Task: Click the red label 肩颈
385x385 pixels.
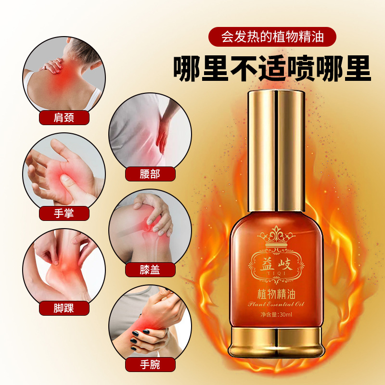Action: pyautogui.click(x=64, y=117)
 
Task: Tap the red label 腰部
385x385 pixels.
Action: pyautogui.click(x=150, y=174)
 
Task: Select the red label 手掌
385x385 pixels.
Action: pyautogui.click(x=64, y=213)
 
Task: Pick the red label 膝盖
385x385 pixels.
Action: pyautogui.click(x=150, y=270)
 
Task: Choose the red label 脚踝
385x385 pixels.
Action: pyautogui.click(x=64, y=308)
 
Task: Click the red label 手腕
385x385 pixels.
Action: pyautogui.click(x=150, y=365)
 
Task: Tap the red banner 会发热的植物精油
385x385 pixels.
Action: pyautogui.click(x=272, y=37)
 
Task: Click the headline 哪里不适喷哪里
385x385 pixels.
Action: pyautogui.click(x=272, y=68)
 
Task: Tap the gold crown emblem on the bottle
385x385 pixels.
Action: pyautogui.click(x=276, y=237)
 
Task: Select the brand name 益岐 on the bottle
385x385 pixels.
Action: pyautogui.click(x=276, y=265)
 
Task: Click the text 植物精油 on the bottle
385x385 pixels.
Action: pyautogui.click(x=276, y=294)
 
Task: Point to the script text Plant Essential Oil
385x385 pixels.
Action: pyautogui.click(x=276, y=304)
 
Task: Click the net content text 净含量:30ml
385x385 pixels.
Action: pyautogui.click(x=276, y=314)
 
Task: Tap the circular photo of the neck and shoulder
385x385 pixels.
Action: pyautogui.click(x=64, y=74)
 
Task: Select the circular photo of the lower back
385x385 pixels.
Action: pyautogui.click(x=150, y=130)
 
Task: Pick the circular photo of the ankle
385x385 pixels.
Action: pyautogui.click(x=64, y=266)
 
